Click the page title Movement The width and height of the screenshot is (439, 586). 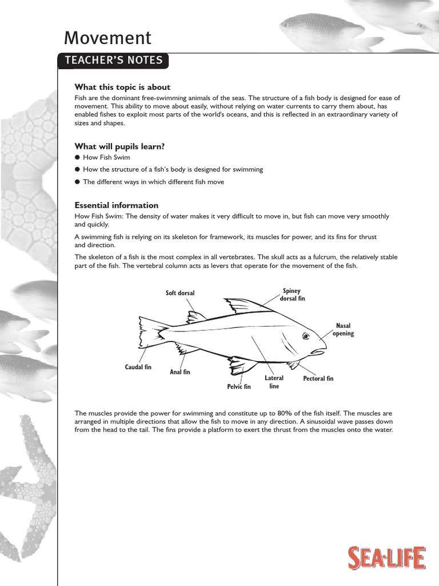(x=107, y=38)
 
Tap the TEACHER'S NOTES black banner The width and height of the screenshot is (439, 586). (x=114, y=61)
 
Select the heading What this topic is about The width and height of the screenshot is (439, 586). (x=122, y=87)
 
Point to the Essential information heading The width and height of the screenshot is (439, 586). (x=117, y=205)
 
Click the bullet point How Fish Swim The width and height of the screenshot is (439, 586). (x=107, y=157)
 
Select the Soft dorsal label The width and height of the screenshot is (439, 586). (x=180, y=293)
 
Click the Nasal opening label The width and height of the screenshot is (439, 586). (x=343, y=330)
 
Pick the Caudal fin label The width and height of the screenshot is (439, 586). (x=138, y=367)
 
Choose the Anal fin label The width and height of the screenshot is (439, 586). (x=180, y=372)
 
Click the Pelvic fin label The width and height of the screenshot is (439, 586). (x=239, y=387)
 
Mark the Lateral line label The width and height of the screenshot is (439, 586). (x=274, y=382)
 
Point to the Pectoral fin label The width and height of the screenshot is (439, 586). (x=318, y=379)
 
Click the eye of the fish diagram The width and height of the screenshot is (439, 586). (x=305, y=335)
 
